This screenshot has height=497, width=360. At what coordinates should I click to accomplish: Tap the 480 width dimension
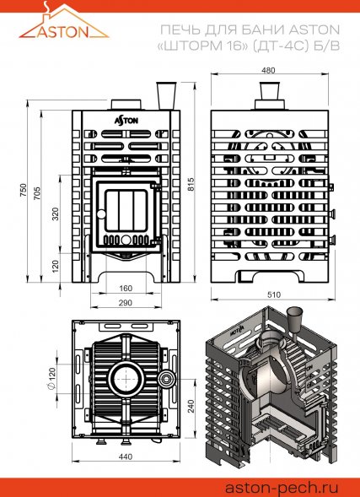268,70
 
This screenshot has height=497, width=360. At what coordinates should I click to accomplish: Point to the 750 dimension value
24,192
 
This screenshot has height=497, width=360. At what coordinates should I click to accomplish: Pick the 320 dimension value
56,214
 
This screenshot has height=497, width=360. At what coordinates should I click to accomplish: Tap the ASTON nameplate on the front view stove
124,120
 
